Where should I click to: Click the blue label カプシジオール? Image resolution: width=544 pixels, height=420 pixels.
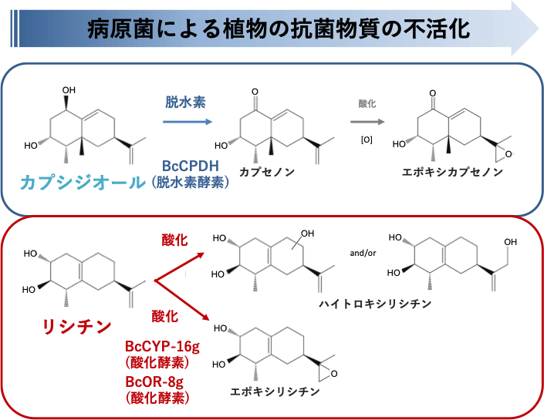click(83, 183)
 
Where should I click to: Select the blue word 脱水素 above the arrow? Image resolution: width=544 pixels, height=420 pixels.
click(185, 102)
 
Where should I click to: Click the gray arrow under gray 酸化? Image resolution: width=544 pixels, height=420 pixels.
click(367, 121)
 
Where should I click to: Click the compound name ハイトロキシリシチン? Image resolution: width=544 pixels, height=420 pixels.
click(376, 304)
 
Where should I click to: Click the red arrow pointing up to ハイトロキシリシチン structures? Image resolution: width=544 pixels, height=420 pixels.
click(182, 266)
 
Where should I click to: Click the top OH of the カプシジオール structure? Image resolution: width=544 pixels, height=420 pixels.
click(69, 90)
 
